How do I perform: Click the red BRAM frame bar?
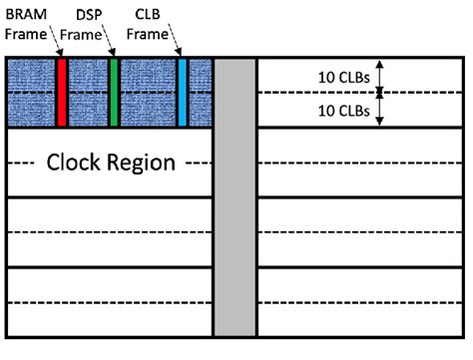click(62, 92)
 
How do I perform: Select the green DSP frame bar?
click(114, 92)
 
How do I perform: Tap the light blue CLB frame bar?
click(183, 92)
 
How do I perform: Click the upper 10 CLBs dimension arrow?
click(380, 76)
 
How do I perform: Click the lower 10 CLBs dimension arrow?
click(380, 109)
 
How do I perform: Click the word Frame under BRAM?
click(24, 34)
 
